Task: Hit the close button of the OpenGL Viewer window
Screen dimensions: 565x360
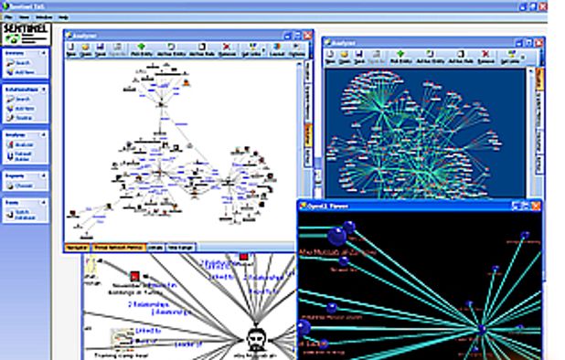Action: pyautogui.click(x=536, y=205)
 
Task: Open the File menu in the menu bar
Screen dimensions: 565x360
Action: pyautogui.click(x=8, y=16)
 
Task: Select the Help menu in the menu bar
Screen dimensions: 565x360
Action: pyautogui.click(x=63, y=16)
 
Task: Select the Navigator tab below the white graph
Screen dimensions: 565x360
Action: pyautogui.click(x=78, y=247)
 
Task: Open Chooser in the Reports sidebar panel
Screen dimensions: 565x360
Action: pyautogui.click(x=24, y=185)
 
